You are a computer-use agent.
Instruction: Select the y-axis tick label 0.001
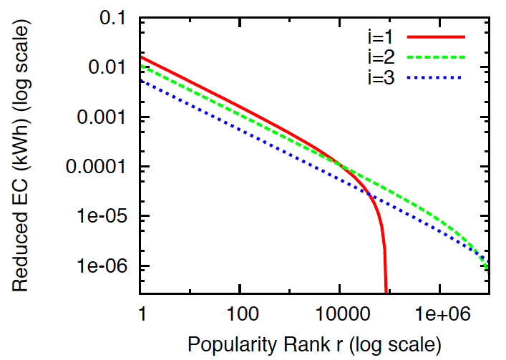point(104,117)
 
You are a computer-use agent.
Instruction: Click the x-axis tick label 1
point(141,312)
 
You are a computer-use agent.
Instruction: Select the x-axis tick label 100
point(240,312)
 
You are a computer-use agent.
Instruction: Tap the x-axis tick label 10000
point(339,312)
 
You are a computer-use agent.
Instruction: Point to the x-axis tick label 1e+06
point(439,312)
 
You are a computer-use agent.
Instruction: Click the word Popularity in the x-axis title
point(226,344)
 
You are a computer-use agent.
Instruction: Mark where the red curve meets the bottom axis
point(386,293)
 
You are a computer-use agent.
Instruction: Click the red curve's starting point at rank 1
point(142,57)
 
